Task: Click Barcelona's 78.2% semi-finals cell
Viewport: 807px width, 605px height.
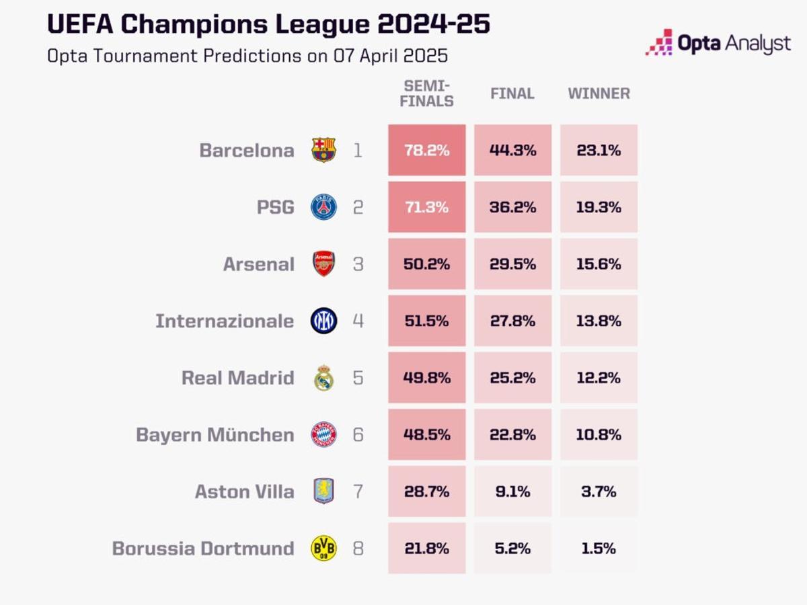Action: point(426,150)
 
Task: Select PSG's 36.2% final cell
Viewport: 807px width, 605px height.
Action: point(512,207)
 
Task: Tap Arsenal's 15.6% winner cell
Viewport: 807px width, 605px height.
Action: point(599,264)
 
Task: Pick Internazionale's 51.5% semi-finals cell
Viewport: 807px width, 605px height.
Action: point(426,321)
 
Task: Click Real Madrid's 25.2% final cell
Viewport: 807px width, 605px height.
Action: point(512,378)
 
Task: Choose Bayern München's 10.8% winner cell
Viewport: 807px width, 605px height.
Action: point(599,434)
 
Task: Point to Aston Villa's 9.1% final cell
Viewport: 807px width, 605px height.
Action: point(512,491)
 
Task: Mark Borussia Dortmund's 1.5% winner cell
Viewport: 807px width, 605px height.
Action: point(599,548)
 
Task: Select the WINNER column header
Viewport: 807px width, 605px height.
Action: point(599,93)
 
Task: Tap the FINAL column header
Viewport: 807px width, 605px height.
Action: point(512,93)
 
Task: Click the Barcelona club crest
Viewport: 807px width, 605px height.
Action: point(323,150)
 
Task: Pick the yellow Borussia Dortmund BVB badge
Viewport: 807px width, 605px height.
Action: point(323,548)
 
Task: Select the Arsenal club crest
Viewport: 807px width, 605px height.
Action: point(323,264)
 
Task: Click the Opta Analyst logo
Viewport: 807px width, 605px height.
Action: point(718,43)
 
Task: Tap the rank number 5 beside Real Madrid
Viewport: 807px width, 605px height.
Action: point(358,378)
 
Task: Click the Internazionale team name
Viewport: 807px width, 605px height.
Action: point(225,321)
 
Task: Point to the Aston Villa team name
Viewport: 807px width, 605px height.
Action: point(244,491)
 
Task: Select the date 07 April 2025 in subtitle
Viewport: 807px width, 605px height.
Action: point(391,55)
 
